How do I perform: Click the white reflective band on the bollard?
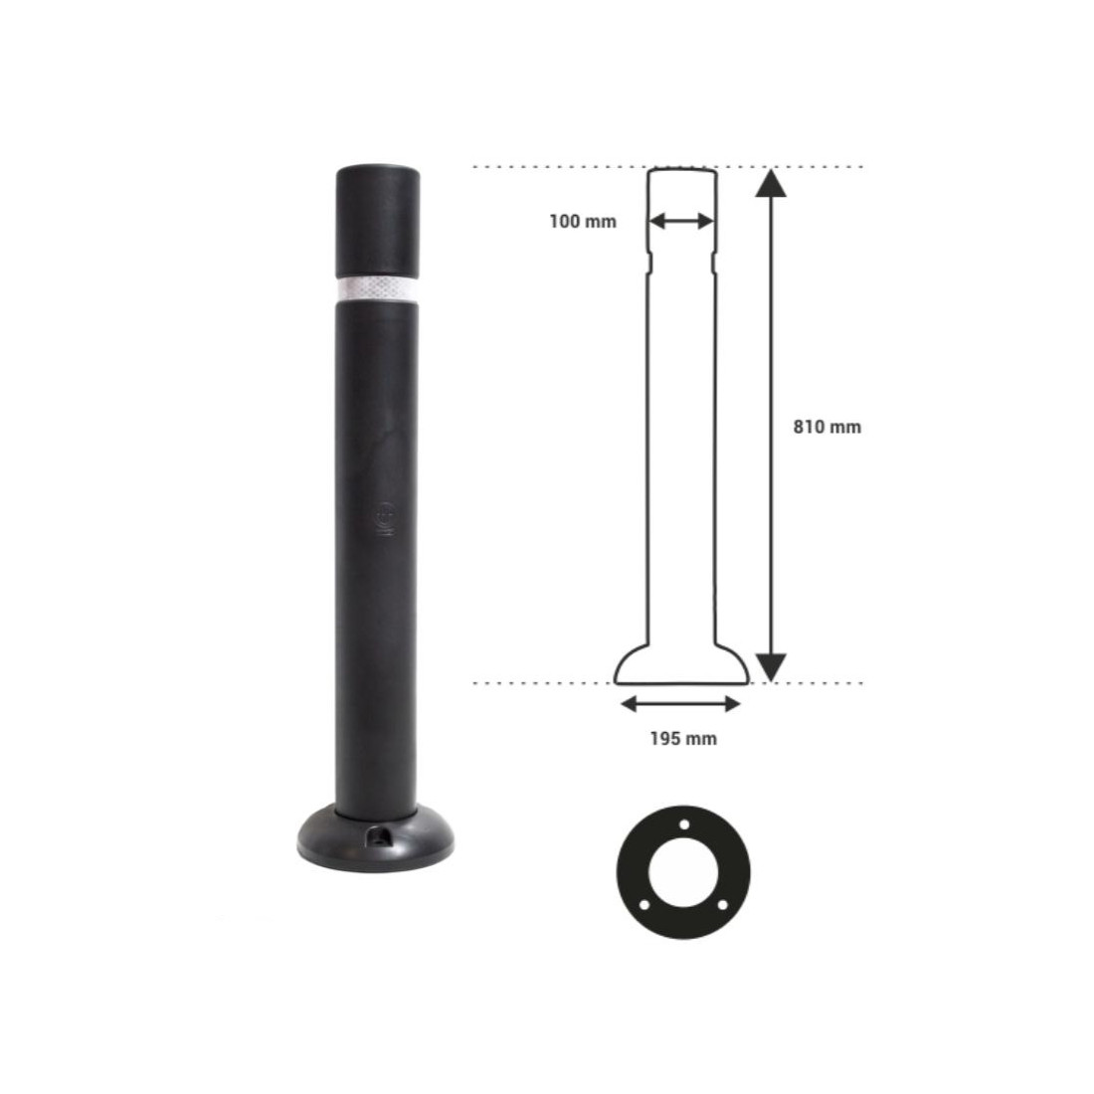[378, 289]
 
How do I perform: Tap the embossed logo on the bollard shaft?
[385, 520]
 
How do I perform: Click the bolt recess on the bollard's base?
[380, 836]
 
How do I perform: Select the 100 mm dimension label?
[583, 222]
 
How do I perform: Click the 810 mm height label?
[826, 427]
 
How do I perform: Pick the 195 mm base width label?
[683, 738]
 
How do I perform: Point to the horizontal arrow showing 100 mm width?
[681, 222]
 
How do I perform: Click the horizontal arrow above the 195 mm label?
[680, 704]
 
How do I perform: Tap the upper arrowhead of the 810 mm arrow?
[771, 183]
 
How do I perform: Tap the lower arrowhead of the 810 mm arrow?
[771, 667]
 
